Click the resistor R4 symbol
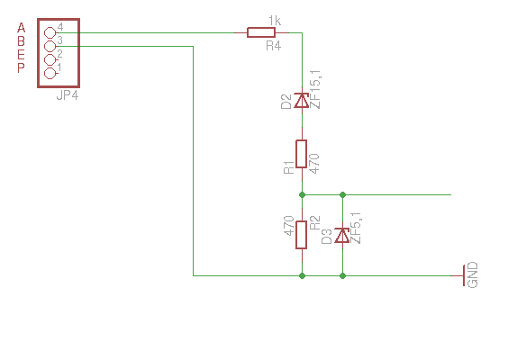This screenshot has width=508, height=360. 261,32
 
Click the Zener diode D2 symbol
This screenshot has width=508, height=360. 302,102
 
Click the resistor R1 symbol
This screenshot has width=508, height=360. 302,153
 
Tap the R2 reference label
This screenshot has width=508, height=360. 314,222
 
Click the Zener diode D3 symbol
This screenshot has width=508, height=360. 342,236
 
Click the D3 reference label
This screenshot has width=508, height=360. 328,237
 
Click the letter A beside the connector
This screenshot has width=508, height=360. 22,28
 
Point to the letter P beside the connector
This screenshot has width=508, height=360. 22,67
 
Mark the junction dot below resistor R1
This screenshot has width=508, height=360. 302,194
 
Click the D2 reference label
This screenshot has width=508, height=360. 287,102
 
